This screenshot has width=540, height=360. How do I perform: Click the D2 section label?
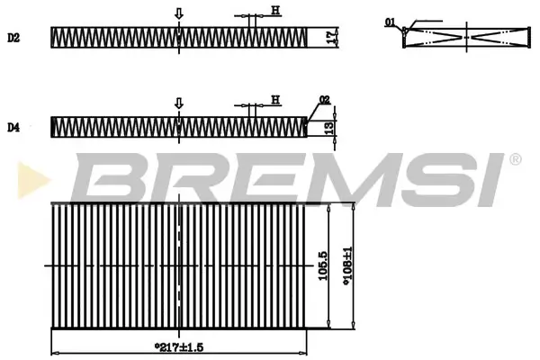(13, 37)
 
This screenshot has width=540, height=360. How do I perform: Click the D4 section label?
(13, 128)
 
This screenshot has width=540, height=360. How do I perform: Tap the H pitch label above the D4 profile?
(275, 99)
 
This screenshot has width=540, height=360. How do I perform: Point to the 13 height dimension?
(331, 128)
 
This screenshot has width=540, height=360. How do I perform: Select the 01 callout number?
(389, 20)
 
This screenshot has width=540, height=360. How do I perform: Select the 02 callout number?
(324, 100)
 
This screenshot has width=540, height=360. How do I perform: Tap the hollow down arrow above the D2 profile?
(179, 13)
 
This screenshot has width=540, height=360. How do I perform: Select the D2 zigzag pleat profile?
(180, 37)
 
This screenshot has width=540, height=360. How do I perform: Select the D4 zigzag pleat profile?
(180, 128)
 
